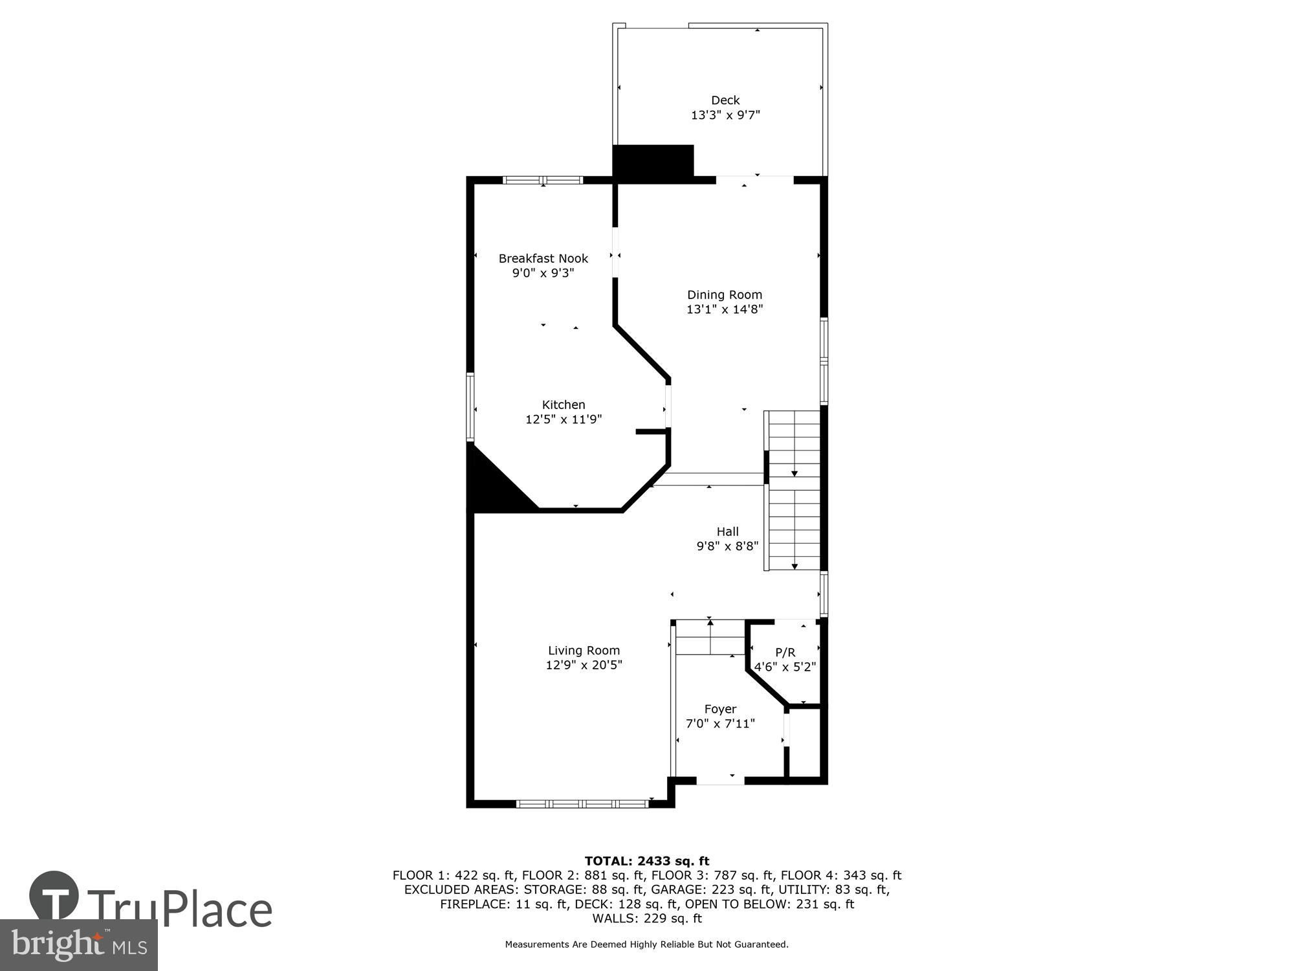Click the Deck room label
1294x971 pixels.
725,100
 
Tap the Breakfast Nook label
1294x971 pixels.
543,258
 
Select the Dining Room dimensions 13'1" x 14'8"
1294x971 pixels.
725,309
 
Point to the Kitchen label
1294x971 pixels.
564,405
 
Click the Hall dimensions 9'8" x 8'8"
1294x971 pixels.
727,546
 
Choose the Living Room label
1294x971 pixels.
584,651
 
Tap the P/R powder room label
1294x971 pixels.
785,653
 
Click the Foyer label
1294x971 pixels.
720,709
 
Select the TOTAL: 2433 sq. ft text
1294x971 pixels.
647,861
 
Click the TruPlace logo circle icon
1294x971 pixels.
54,896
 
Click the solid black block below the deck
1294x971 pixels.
653,161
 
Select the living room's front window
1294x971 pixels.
582,804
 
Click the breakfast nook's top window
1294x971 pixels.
543,180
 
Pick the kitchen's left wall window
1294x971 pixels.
470,407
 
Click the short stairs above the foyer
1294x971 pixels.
710,638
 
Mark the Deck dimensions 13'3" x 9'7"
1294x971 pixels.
725,115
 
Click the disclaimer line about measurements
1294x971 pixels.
647,944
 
